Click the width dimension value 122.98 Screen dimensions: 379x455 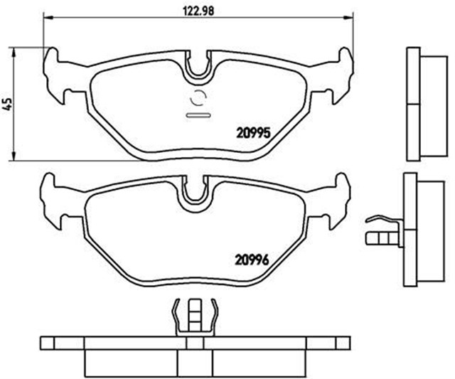pos(200,9)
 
